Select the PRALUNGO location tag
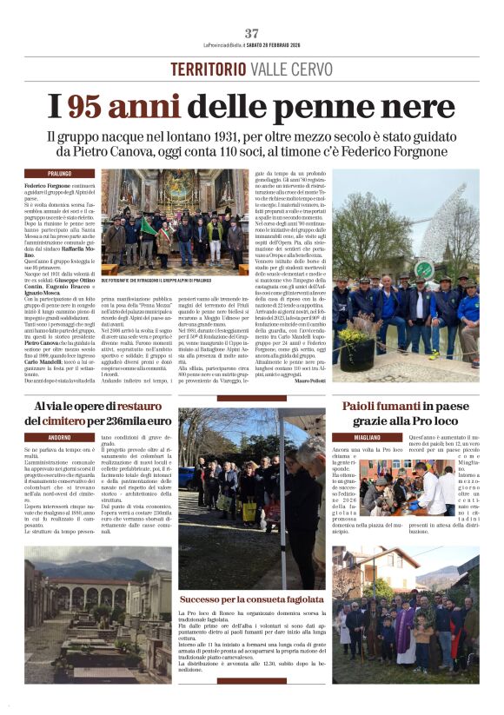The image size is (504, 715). tap(48, 174)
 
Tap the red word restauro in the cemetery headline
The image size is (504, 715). tap(131, 405)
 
